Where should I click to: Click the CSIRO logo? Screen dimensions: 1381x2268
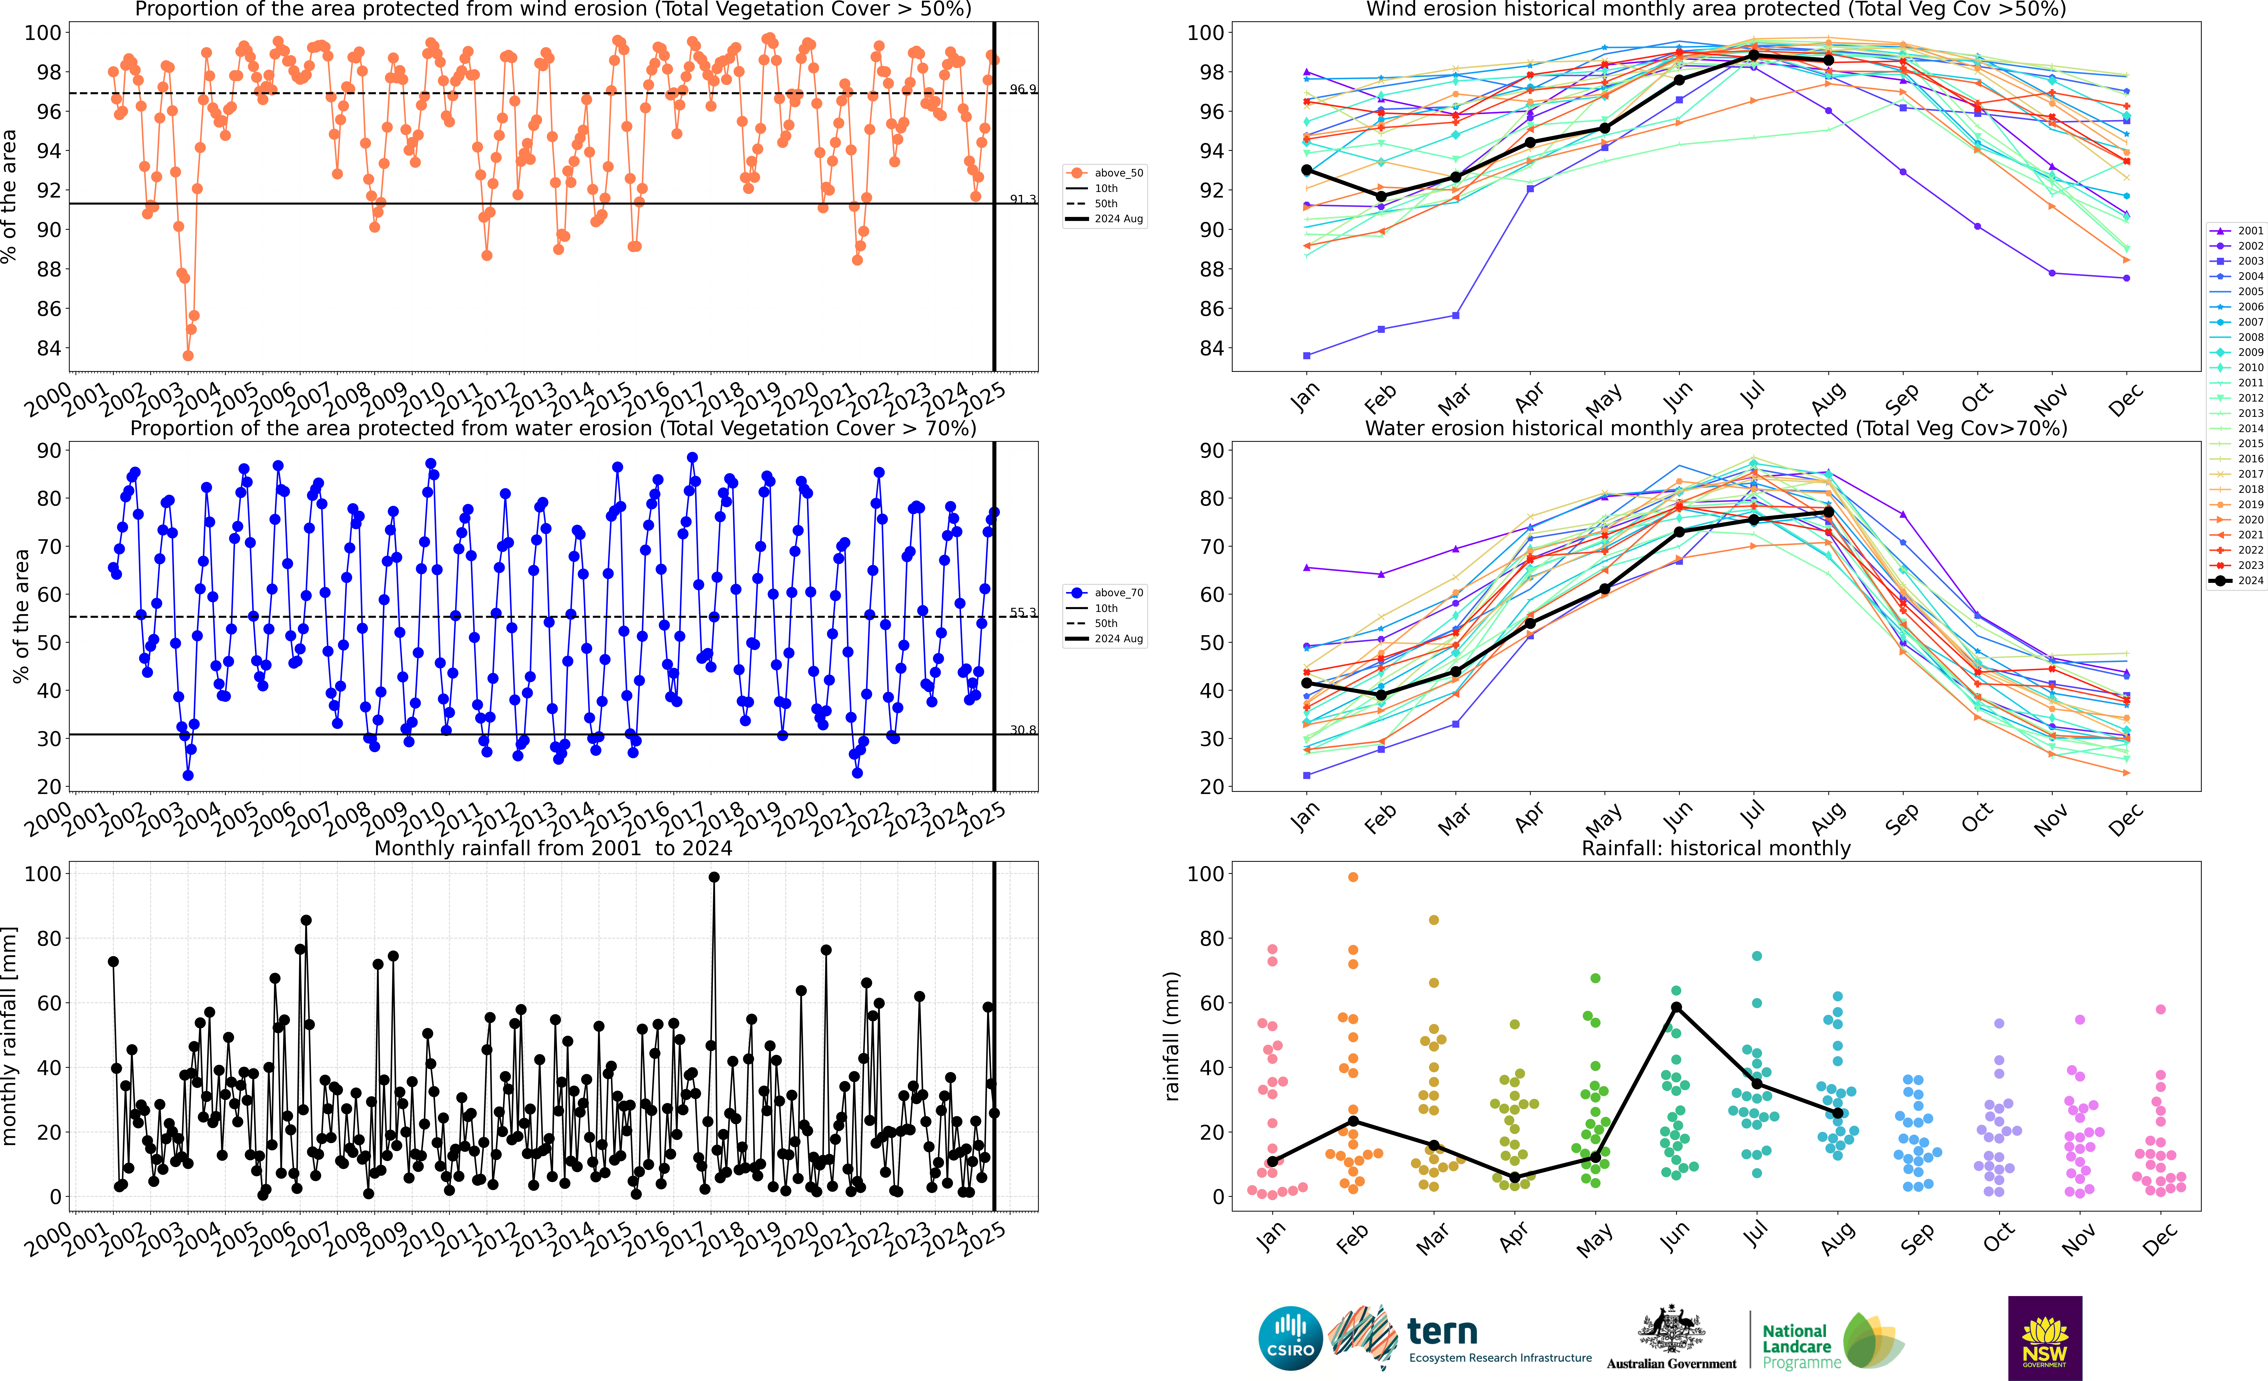click(1289, 1338)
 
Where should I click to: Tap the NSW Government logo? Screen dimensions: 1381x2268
click(2044, 1338)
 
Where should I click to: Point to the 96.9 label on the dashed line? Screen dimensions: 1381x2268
click(1022, 89)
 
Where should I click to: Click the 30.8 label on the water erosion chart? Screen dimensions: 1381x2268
click(1022, 730)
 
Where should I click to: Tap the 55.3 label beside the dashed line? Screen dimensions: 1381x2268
click(1022, 612)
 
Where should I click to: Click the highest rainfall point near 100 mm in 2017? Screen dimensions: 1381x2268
click(713, 877)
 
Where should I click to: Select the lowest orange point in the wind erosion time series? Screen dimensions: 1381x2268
click(188, 355)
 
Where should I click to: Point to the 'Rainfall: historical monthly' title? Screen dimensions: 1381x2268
click(1716, 848)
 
